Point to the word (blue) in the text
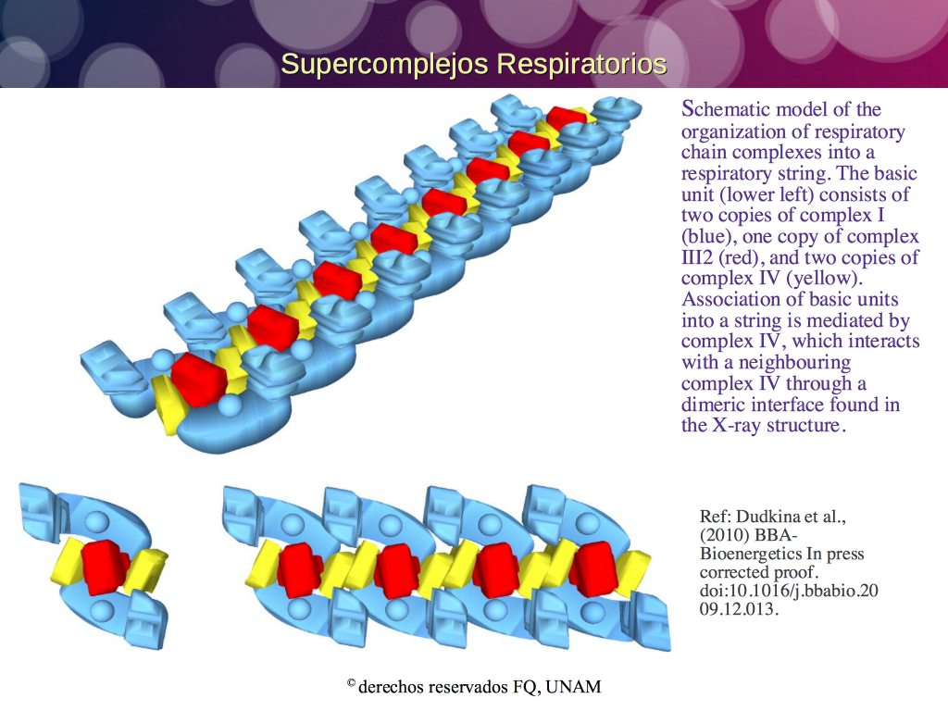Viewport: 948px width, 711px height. click(708, 236)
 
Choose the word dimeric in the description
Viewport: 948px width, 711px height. click(712, 404)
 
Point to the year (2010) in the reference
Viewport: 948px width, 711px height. click(724, 535)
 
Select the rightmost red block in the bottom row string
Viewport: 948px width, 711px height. click(594, 569)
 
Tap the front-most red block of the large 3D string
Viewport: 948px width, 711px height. click(199, 380)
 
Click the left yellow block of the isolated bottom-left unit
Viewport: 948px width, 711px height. click(67, 561)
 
